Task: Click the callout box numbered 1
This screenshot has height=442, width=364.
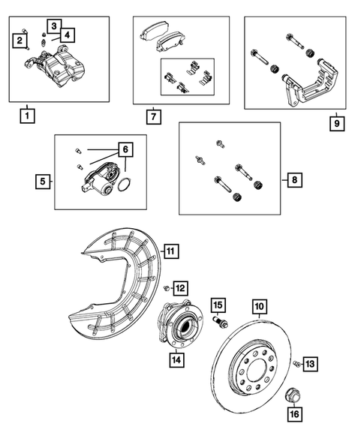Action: point(27,117)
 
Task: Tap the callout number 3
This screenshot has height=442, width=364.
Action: point(56,26)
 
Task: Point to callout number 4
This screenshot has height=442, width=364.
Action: point(68,35)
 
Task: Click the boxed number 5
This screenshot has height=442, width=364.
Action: point(44,181)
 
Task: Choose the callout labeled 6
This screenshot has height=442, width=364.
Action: point(125,150)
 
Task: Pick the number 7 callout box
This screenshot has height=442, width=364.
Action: point(152,117)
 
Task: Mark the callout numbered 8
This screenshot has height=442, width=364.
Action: point(295,180)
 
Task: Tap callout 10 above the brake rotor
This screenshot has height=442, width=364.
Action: point(259,306)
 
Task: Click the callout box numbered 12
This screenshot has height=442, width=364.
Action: point(181,287)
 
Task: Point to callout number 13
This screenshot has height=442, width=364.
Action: point(311,364)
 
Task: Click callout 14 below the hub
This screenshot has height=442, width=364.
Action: point(177,359)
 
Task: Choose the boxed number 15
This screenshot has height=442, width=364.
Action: point(218,305)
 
